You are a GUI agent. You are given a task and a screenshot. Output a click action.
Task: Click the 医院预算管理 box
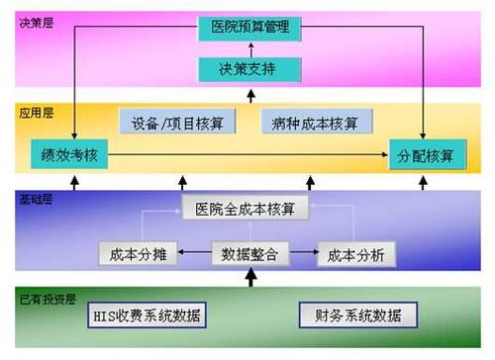(x=249, y=27)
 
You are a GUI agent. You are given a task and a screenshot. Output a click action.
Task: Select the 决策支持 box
(x=249, y=69)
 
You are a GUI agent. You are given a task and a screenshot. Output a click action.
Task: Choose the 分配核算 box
(x=427, y=155)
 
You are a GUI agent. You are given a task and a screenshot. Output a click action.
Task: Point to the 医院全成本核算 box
(x=245, y=210)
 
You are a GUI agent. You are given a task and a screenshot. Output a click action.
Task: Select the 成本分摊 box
(x=139, y=254)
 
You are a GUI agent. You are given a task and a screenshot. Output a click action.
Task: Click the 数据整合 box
(x=249, y=254)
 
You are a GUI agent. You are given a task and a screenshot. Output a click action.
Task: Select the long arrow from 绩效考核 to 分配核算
(x=247, y=155)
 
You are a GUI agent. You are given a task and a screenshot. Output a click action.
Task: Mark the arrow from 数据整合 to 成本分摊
(x=194, y=254)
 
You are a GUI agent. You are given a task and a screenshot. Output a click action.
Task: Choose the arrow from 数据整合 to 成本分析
(x=305, y=254)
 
